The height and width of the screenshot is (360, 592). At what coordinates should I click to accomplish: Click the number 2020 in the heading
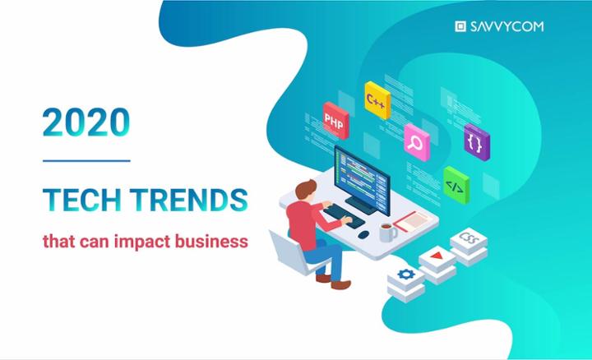tap(86, 122)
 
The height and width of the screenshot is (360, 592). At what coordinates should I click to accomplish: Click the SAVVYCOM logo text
tap(506, 26)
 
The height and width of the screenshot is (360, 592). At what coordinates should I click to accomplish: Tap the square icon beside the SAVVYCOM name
tap(460, 26)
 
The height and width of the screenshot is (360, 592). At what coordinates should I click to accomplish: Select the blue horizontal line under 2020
tap(86, 160)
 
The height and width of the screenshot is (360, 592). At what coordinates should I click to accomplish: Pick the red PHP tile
tap(335, 121)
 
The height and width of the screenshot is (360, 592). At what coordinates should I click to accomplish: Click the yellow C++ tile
tap(377, 101)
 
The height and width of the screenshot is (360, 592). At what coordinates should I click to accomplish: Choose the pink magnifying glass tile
tap(417, 141)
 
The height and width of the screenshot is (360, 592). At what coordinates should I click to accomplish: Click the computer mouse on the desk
tap(363, 235)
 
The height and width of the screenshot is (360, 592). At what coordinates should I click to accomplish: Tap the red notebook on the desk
tap(411, 219)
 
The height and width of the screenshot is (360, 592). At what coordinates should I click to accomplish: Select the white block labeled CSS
tap(469, 242)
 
